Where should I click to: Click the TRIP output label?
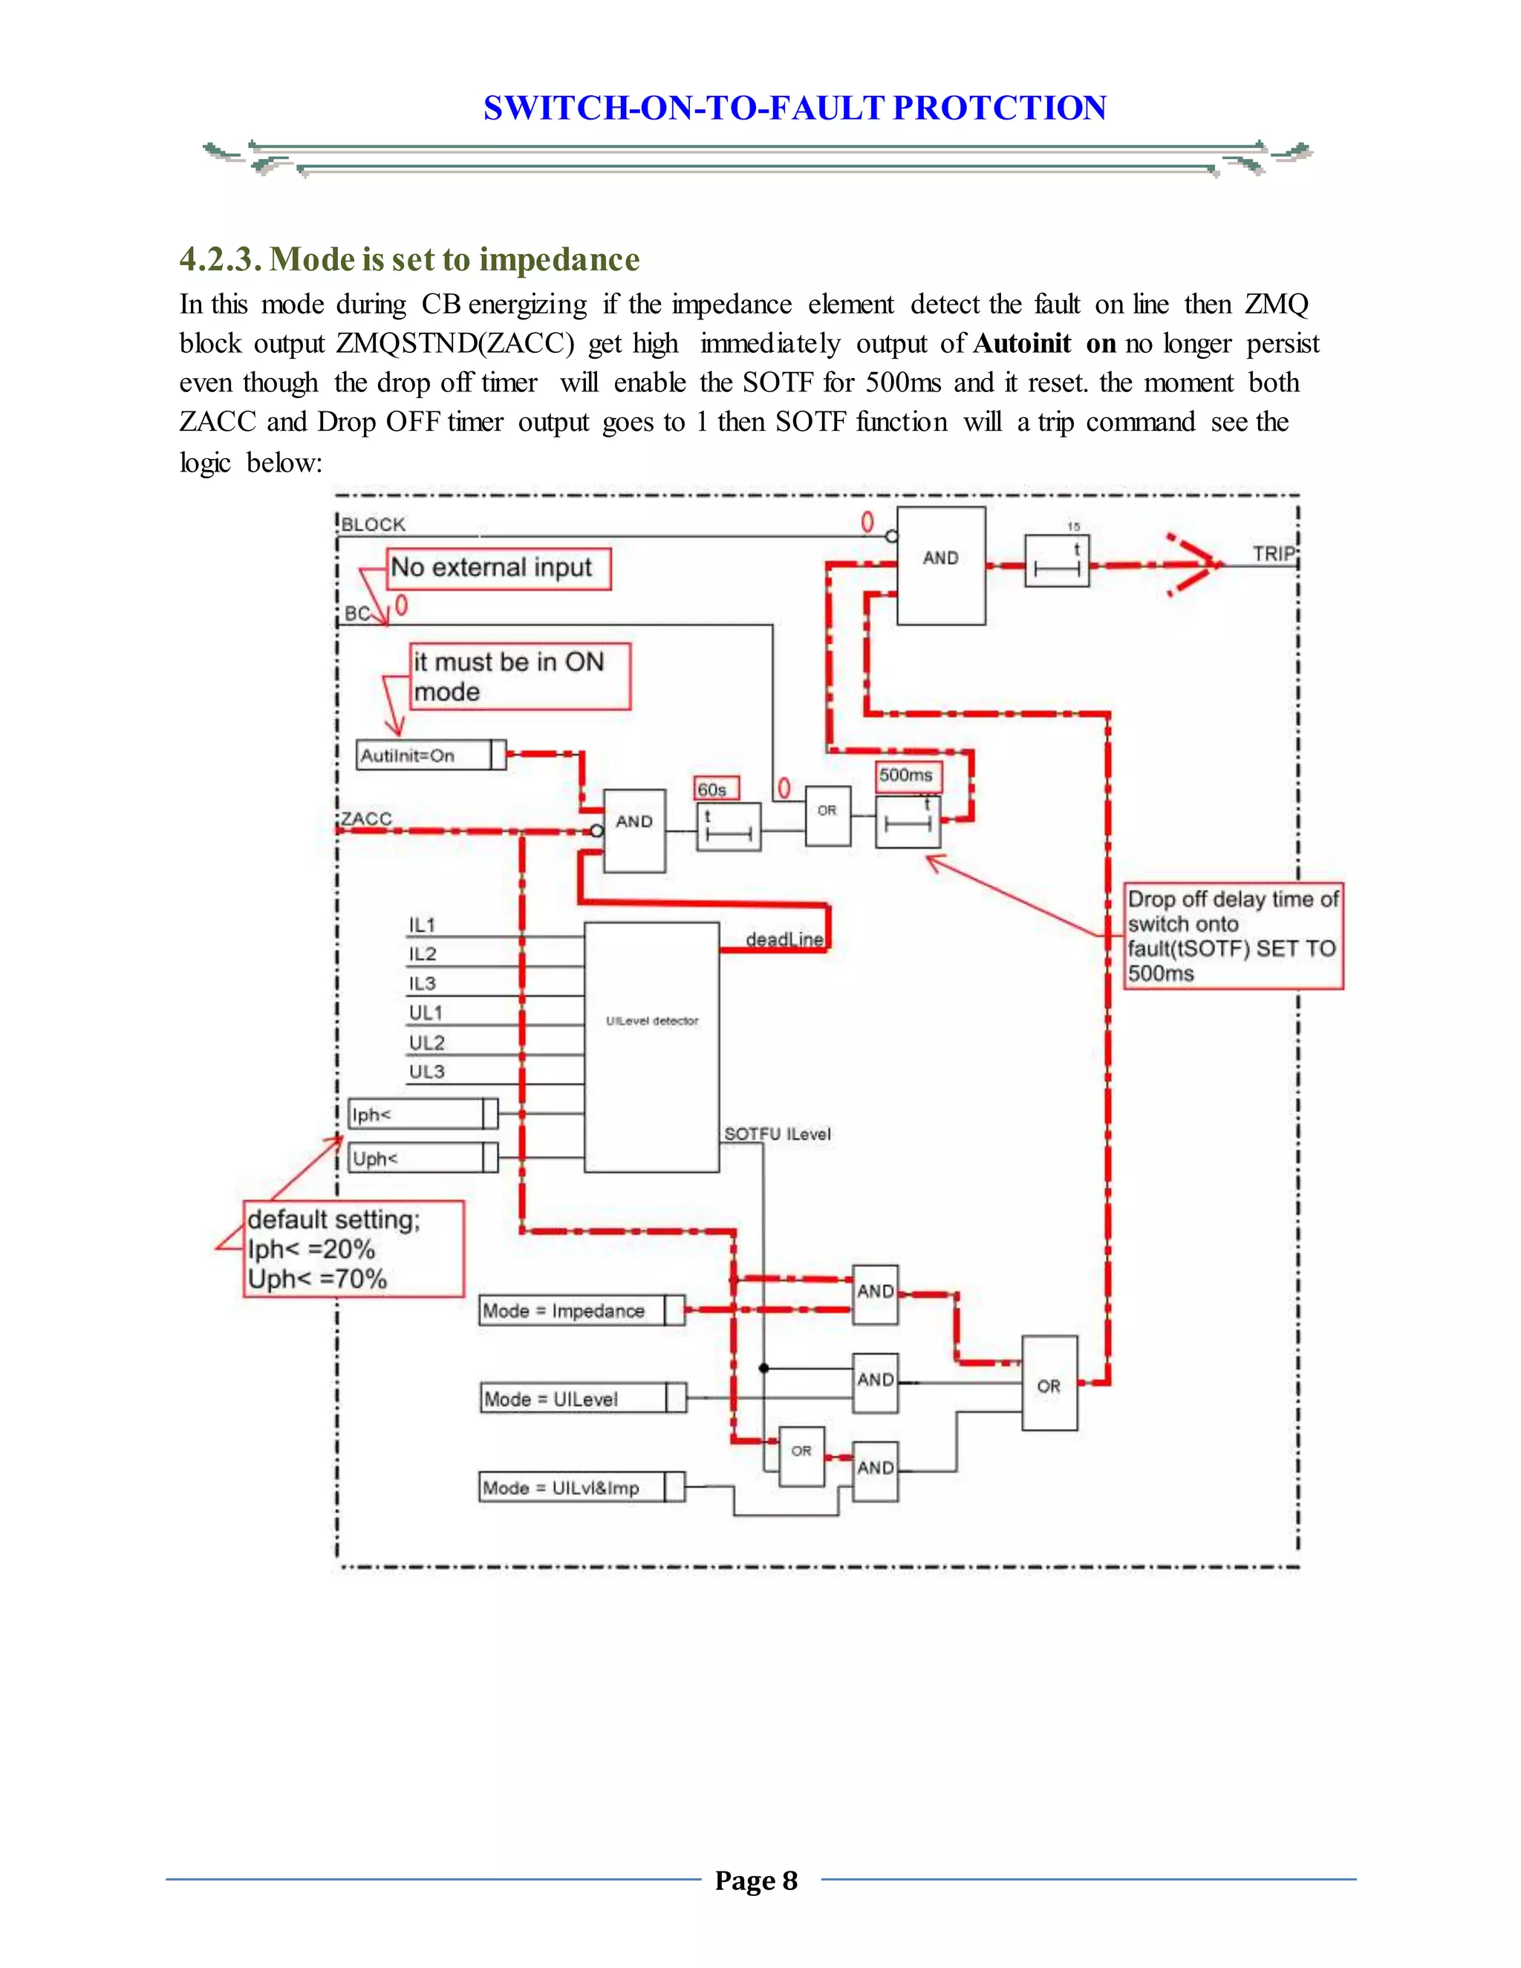pyautogui.click(x=1272, y=553)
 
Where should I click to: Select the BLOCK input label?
pyautogui.click(x=373, y=524)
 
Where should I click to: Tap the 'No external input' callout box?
pyautogui.click(x=498, y=569)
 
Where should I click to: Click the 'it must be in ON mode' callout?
pyautogui.click(x=519, y=676)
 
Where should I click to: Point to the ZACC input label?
pyautogui.click(x=367, y=818)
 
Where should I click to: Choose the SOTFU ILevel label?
pyautogui.click(x=778, y=1133)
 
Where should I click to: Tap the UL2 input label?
pyautogui.click(x=426, y=1043)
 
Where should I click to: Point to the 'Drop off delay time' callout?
pyautogui.click(x=1233, y=935)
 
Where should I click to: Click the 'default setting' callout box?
pyautogui.click(x=354, y=1248)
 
